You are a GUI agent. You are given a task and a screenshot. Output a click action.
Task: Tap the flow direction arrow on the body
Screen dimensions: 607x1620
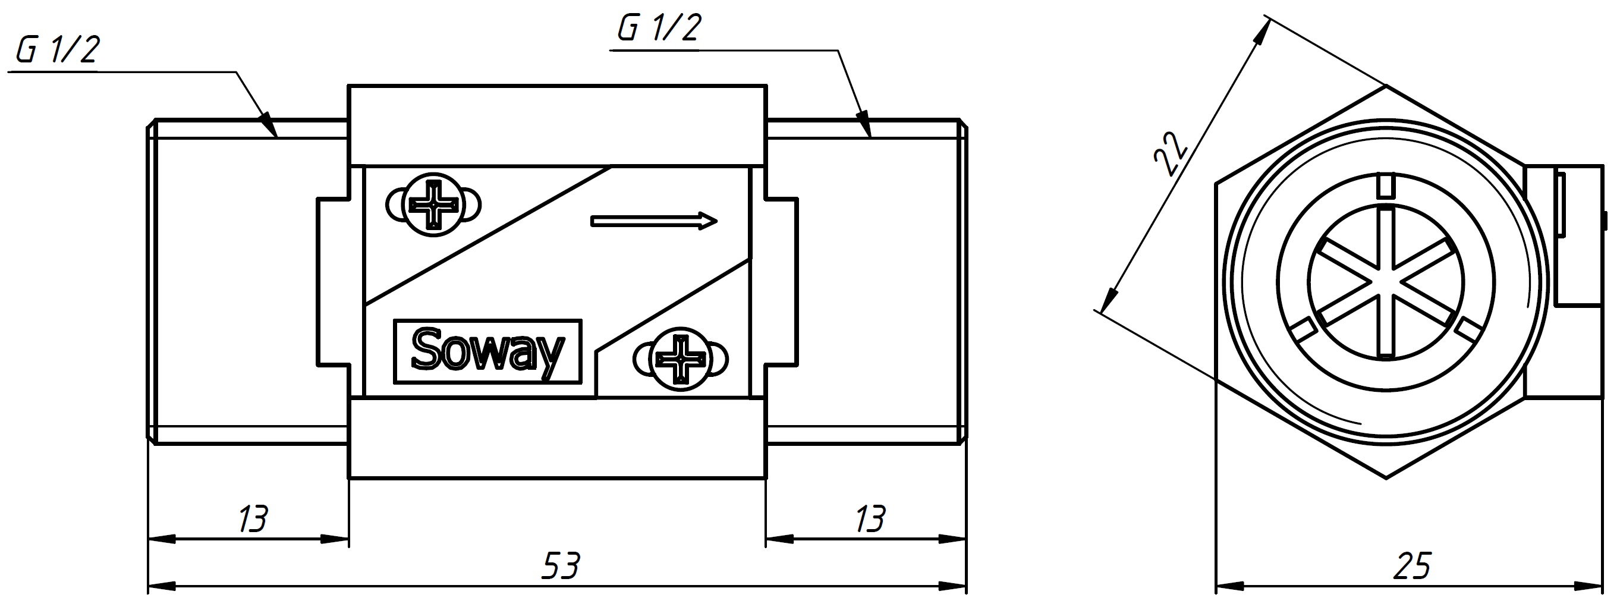654,221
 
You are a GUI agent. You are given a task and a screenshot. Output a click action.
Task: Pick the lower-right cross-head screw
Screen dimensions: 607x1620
681,360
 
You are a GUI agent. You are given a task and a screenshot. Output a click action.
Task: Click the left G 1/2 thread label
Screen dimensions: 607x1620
56,51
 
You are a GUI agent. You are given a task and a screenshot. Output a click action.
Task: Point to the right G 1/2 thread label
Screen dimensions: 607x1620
659,29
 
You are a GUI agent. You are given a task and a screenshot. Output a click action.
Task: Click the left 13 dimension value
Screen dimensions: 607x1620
253,520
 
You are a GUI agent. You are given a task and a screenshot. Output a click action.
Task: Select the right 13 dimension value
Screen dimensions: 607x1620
870,520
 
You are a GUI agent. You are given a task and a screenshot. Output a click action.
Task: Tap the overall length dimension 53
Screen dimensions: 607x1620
561,566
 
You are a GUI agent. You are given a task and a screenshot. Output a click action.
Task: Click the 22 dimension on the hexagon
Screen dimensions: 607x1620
1171,154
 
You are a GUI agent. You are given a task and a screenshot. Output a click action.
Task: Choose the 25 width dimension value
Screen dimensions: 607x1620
1412,566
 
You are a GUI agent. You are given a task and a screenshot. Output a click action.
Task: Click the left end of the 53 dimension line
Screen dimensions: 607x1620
149,586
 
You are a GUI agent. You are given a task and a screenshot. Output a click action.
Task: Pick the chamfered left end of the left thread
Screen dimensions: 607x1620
150,281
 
